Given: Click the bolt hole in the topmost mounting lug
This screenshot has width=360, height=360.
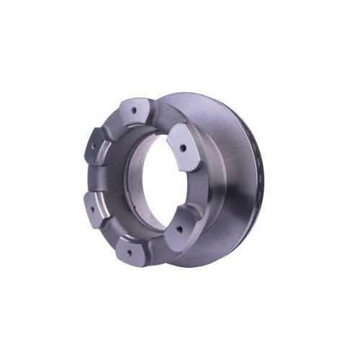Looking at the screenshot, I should coord(135,110).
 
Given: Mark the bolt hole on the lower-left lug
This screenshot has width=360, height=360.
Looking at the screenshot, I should coord(91,210).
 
